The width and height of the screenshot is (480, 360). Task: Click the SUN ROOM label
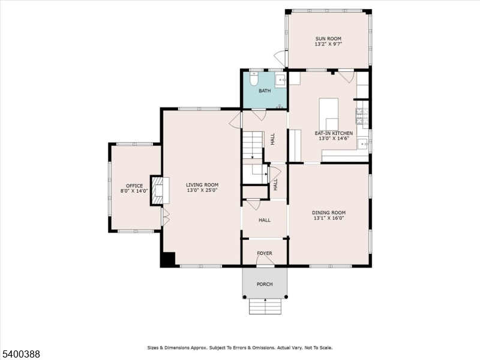pyautogui.click(x=328, y=38)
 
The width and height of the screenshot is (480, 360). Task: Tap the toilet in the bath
pyautogui.click(x=254, y=79)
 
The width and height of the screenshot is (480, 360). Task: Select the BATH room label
pyautogui.click(x=265, y=91)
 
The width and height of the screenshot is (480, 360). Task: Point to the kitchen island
pyautogui.click(x=328, y=114)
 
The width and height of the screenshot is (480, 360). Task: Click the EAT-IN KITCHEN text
pyautogui.click(x=334, y=133)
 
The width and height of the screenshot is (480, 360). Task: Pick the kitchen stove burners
pyautogui.click(x=362, y=116)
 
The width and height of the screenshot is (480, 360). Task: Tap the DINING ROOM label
pyautogui.click(x=329, y=212)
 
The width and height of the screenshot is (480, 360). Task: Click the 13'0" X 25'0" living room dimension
pyautogui.click(x=202, y=190)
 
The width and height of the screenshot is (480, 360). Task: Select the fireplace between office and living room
pyautogui.click(x=160, y=190)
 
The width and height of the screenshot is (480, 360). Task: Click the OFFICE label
pyautogui.click(x=134, y=186)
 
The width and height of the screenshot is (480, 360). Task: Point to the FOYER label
pyautogui.click(x=265, y=253)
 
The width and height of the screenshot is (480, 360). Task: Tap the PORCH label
pyautogui.click(x=265, y=284)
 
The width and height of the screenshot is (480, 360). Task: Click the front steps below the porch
pyautogui.click(x=265, y=307)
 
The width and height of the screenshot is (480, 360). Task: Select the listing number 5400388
pyautogui.click(x=20, y=354)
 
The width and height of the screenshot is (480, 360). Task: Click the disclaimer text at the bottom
pyautogui.click(x=240, y=348)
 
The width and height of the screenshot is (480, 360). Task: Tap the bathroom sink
pyautogui.click(x=280, y=80)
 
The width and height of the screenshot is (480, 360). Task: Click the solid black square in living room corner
pyautogui.click(x=168, y=259)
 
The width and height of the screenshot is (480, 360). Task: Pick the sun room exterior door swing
pyautogui.click(x=279, y=56)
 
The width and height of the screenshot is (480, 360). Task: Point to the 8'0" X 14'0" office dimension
pyautogui.click(x=134, y=191)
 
